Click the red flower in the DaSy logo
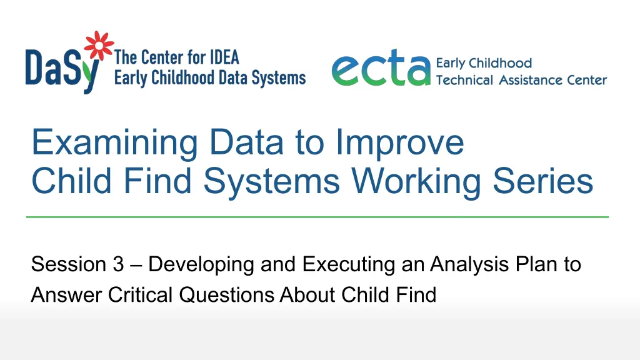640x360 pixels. pos(99,45)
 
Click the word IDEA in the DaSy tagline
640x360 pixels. pos(224,57)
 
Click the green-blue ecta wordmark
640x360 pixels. pos(381,67)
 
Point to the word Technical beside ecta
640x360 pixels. pos(464,80)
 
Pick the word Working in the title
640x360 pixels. pos(416,181)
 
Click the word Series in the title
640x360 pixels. pos(543,181)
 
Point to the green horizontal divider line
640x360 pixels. pos(317,217)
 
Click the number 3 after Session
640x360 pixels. pos(118,264)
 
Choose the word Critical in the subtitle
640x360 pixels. pos(141,295)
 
